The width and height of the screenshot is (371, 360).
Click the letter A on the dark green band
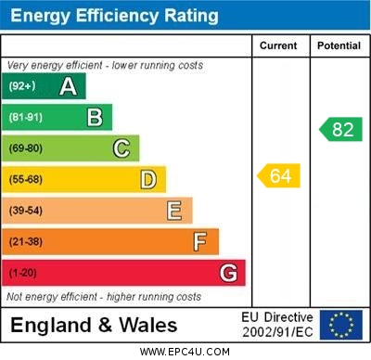[x=68, y=86]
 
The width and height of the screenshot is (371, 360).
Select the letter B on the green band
[x=95, y=117]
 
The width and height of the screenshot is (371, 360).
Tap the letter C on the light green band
[x=122, y=148]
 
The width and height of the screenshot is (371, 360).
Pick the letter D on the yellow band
[x=148, y=179]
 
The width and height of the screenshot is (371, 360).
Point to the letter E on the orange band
[x=174, y=211]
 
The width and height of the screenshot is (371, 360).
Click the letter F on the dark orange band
[x=200, y=242]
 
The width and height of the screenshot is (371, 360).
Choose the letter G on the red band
[x=228, y=273]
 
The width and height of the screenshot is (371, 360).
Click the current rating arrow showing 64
[x=279, y=175]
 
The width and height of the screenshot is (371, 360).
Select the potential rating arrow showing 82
[x=340, y=129]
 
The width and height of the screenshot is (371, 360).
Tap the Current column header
[x=278, y=45]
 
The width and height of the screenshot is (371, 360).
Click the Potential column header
[x=339, y=45]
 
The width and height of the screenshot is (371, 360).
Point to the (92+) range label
[x=23, y=86]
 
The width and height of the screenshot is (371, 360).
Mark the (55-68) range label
[x=27, y=179]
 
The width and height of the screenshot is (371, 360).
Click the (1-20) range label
[x=23, y=273]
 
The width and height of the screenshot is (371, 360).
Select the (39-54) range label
[x=27, y=211]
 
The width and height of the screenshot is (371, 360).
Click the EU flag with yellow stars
[x=341, y=325]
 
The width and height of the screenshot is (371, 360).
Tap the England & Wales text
[x=93, y=325]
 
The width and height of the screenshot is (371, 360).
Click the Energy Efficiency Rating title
[x=114, y=16]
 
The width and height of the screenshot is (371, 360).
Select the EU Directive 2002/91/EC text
[x=277, y=325]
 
